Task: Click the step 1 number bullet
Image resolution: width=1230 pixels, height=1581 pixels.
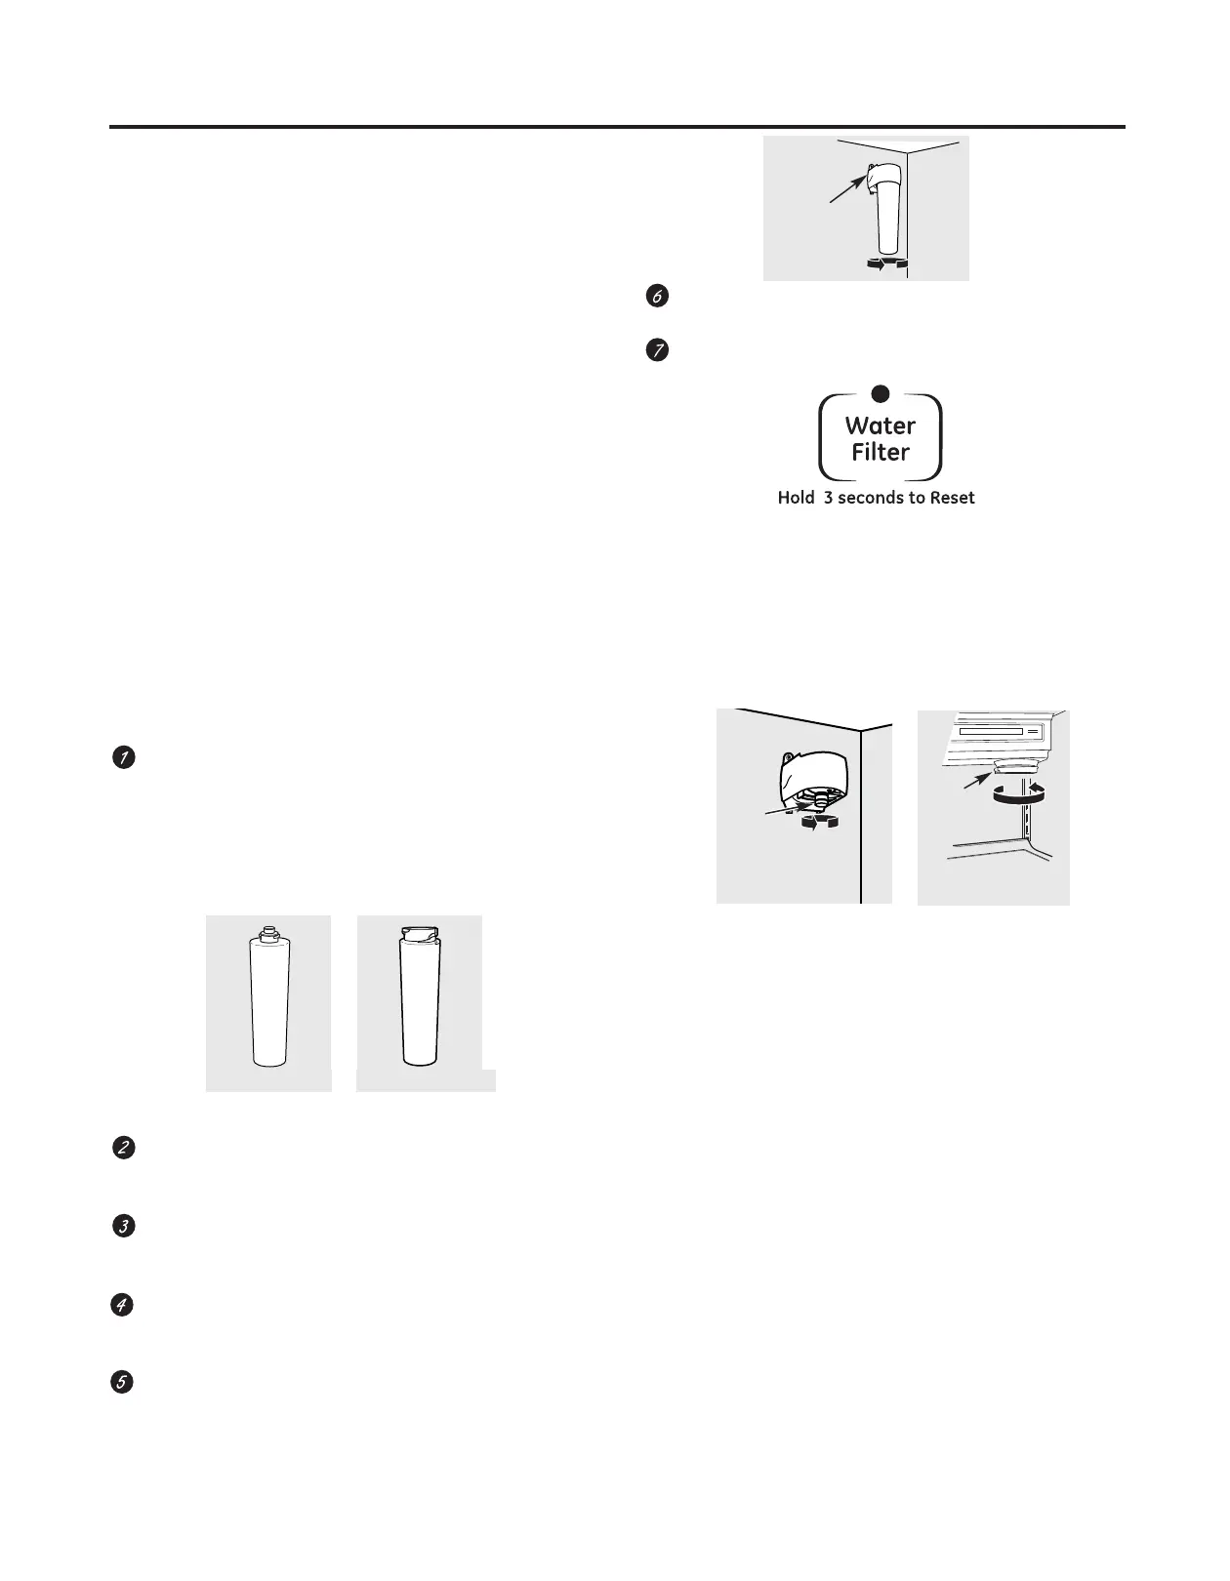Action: (123, 757)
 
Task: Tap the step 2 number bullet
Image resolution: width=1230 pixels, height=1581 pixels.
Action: (123, 1148)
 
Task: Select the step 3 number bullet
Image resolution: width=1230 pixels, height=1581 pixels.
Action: (123, 1227)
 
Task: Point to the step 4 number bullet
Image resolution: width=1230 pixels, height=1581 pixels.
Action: (122, 1305)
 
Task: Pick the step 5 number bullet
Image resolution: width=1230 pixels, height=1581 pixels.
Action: (122, 1383)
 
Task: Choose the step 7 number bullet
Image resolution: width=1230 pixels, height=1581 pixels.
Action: (658, 351)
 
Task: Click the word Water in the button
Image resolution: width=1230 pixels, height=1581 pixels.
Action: (880, 426)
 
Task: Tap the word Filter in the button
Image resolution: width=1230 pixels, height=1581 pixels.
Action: (880, 453)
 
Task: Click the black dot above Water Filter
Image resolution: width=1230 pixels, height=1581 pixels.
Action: (880, 393)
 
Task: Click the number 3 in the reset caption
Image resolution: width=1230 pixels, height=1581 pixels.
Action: (828, 498)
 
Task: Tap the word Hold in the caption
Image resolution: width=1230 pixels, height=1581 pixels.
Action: (796, 498)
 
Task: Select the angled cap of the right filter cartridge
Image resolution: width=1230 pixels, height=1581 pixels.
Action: (421, 935)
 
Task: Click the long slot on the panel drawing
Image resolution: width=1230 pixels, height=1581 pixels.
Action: (990, 730)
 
